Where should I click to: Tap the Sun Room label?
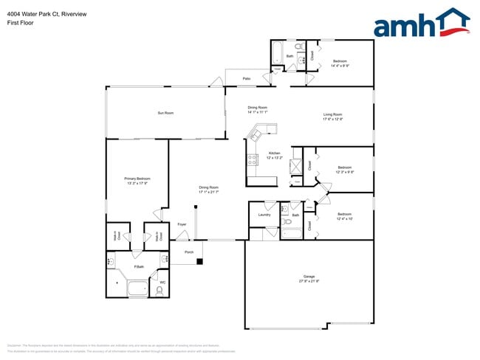165,113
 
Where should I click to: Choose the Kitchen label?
275,155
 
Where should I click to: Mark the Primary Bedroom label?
137,181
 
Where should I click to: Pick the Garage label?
309,279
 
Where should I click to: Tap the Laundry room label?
263,215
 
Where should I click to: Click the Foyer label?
182,224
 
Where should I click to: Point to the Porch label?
189,252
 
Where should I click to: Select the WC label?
163,281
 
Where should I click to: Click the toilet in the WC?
160,289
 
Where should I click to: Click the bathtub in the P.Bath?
137,288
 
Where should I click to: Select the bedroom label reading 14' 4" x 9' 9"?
340,63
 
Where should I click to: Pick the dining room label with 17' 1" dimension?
208,189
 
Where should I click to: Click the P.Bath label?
138,266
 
